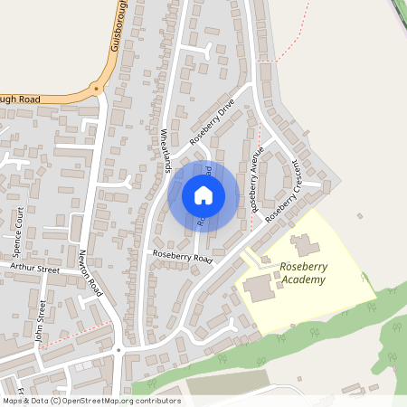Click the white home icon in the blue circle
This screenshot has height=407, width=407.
[203, 195]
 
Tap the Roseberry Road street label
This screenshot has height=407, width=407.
[182, 257]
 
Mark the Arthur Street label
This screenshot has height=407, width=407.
[33, 269]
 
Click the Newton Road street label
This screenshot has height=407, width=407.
[89, 271]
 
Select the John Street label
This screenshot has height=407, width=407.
[40, 322]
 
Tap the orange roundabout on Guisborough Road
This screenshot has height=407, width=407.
[96, 90]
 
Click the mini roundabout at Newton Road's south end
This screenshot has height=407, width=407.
[118, 350]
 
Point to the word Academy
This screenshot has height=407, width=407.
[302, 279]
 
